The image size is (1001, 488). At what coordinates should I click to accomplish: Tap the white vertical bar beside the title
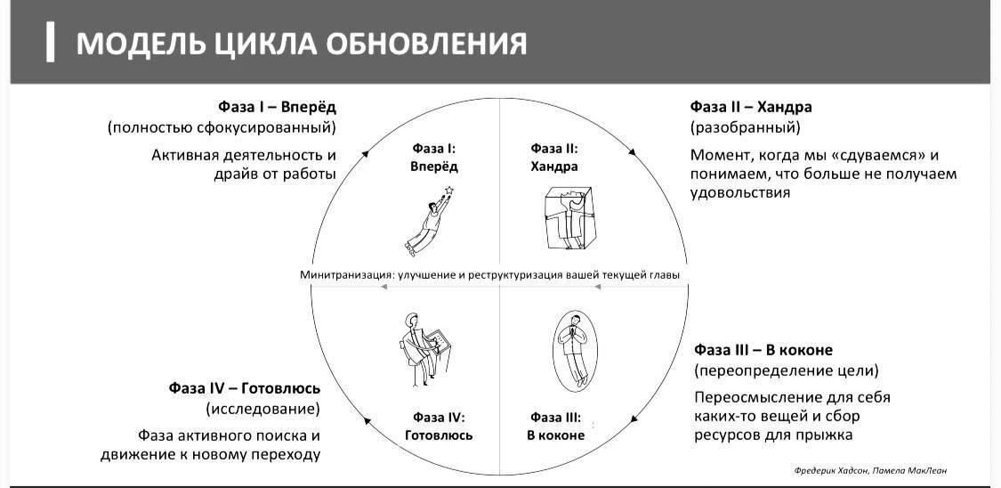(x=51, y=43)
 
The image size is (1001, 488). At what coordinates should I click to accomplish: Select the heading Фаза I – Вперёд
(x=277, y=107)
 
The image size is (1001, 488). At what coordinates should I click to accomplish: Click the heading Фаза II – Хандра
(x=751, y=107)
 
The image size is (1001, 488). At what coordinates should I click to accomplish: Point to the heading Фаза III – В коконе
(x=763, y=349)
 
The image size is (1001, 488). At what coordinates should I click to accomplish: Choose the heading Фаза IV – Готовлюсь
(x=245, y=388)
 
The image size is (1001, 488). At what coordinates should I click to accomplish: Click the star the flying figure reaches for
(x=449, y=190)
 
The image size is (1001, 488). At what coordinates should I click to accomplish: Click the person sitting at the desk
(x=416, y=347)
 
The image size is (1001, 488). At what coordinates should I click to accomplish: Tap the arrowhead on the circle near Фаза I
(x=366, y=154)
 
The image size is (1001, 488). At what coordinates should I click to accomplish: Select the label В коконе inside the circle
(x=555, y=435)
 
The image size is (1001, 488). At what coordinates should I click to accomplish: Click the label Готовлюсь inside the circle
(x=439, y=435)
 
